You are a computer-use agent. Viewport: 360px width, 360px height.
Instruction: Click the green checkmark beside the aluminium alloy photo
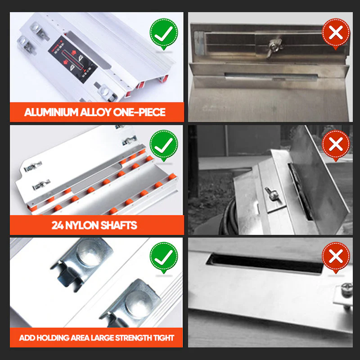[x=164, y=33]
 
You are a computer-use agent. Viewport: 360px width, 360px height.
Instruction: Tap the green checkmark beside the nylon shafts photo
[x=164, y=145]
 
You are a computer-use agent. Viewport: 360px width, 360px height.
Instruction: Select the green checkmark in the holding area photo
[x=164, y=257]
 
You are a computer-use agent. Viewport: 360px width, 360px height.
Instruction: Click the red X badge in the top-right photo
[x=336, y=33]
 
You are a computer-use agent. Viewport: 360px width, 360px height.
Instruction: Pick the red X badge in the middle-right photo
[x=336, y=145]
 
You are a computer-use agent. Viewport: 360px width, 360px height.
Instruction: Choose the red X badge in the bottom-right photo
[x=336, y=257]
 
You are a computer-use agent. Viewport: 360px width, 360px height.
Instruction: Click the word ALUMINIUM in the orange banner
[x=51, y=112]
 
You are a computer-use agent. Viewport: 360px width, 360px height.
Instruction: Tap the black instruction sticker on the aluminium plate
[x=73, y=59]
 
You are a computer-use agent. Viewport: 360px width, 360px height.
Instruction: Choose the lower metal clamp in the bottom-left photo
[x=131, y=303]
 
